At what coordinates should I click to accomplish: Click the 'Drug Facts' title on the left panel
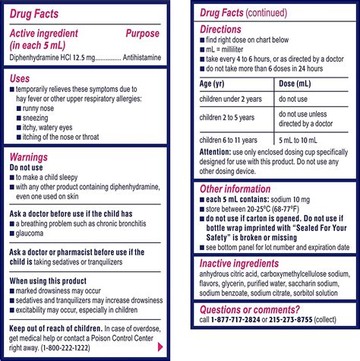tap(36, 14)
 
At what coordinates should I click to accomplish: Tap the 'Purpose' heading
tap(142, 33)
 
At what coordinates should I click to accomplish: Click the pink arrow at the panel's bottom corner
tap(159, 346)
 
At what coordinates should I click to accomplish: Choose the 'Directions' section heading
tap(221, 29)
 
